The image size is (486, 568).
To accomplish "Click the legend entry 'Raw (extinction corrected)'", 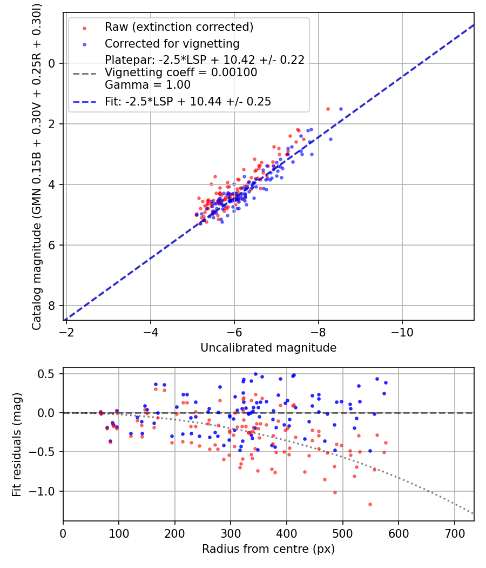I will point(179,27).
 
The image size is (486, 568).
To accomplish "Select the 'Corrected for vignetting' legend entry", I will point(172,43).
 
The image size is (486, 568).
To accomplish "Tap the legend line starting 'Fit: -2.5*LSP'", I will point(188,101).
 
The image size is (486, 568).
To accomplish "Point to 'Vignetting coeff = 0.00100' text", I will point(181,72).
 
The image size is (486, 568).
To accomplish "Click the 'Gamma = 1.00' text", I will point(147,85).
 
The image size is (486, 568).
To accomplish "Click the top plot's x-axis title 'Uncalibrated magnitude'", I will point(268,348).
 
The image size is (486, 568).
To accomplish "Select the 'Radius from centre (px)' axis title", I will point(268,549).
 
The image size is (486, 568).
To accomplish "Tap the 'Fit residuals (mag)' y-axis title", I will point(17,445).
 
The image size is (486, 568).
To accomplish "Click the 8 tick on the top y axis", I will point(52,306).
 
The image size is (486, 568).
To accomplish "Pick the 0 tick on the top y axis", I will point(52,63).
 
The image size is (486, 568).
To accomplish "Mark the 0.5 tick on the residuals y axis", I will point(49,374).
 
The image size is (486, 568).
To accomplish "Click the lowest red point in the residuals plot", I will point(370,504).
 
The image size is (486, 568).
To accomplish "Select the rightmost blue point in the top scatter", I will point(341,109).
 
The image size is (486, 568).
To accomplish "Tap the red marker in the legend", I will point(84,27).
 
